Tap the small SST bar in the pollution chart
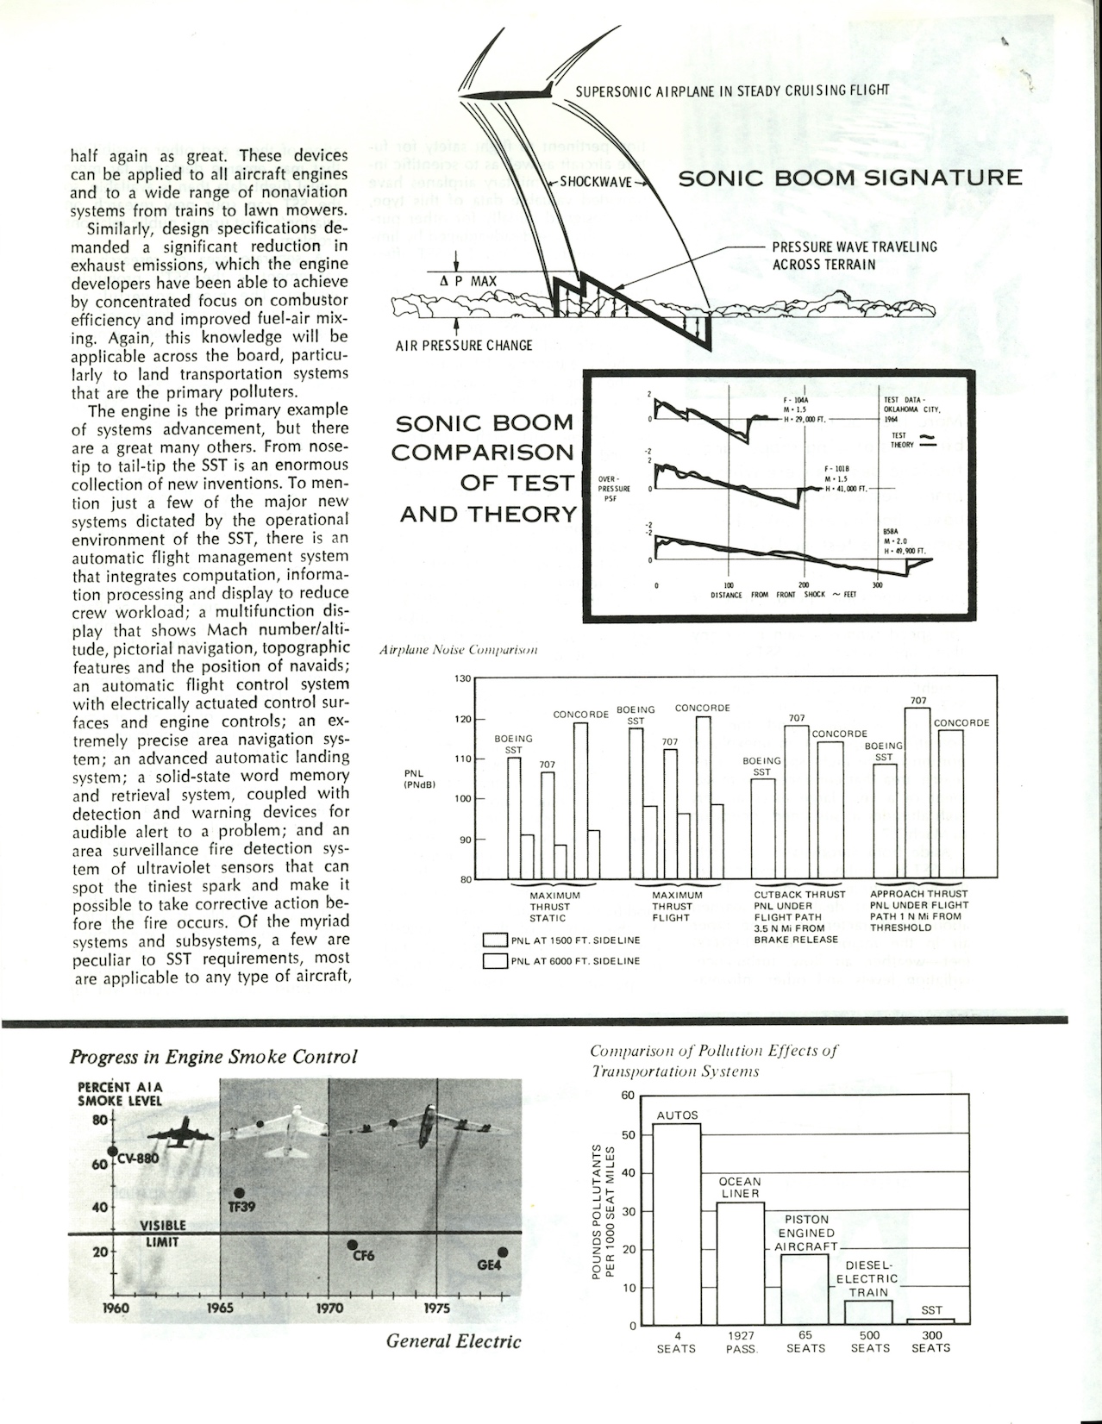(x=931, y=1321)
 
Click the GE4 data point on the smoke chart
(x=503, y=1252)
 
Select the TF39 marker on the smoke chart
(x=239, y=1193)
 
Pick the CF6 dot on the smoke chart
(x=352, y=1245)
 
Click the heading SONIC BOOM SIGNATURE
(x=850, y=178)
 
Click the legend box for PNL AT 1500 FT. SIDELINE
(x=494, y=940)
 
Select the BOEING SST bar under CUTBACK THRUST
(x=763, y=828)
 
